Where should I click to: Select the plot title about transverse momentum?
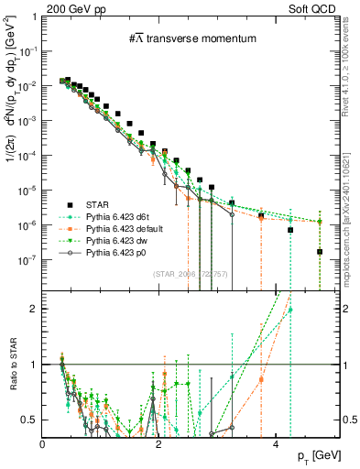coord(191,38)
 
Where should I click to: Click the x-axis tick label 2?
coord(160,443)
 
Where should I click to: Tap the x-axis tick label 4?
coord(278,443)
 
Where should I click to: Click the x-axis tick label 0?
coord(43,443)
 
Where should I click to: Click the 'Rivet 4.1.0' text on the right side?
coord(352,69)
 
